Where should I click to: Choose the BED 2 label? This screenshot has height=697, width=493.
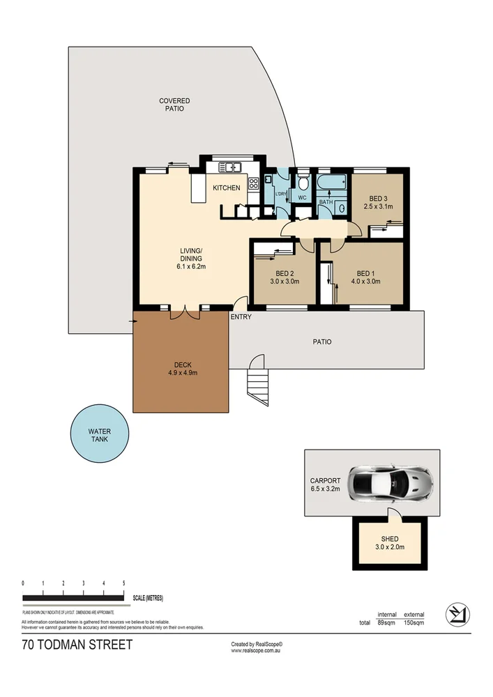tap(284, 273)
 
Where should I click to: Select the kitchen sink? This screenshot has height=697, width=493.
tap(229, 167)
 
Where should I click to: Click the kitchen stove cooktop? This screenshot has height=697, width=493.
tap(254, 184)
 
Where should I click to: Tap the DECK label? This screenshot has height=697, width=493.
tap(182, 365)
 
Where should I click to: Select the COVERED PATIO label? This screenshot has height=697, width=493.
tap(174, 105)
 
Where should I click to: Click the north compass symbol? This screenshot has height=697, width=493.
tap(457, 613)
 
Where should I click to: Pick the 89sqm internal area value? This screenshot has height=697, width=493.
tap(386, 622)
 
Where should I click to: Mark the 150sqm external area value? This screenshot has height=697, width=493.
tap(414, 622)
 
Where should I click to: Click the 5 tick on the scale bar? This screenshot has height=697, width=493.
tap(123, 583)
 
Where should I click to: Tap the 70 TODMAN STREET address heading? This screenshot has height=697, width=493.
tap(77, 645)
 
